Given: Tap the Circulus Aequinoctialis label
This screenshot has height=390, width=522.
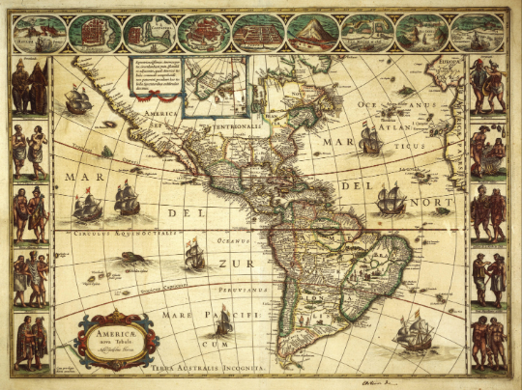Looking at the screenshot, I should [116, 233].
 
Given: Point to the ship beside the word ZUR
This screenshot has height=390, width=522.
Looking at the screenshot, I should [194, 254].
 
